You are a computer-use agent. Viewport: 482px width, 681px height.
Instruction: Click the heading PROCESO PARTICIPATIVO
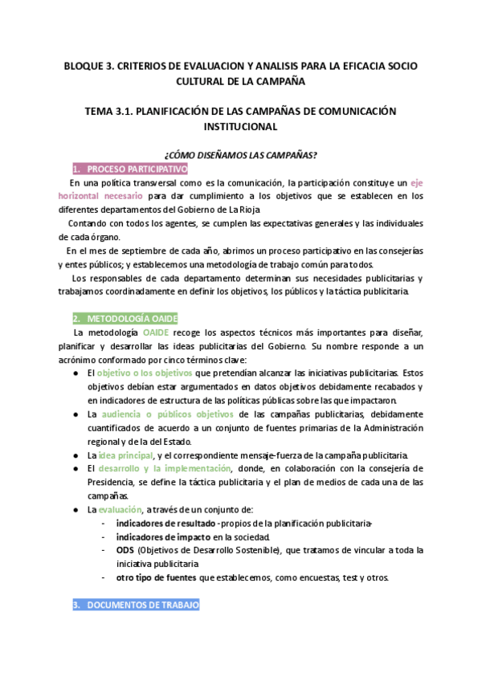click(x=137, y=169)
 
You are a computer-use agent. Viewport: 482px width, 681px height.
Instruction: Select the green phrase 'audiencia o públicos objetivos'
click(x=167, y=414)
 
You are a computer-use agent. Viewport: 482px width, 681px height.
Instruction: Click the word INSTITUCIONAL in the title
click(x=241, y=127)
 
